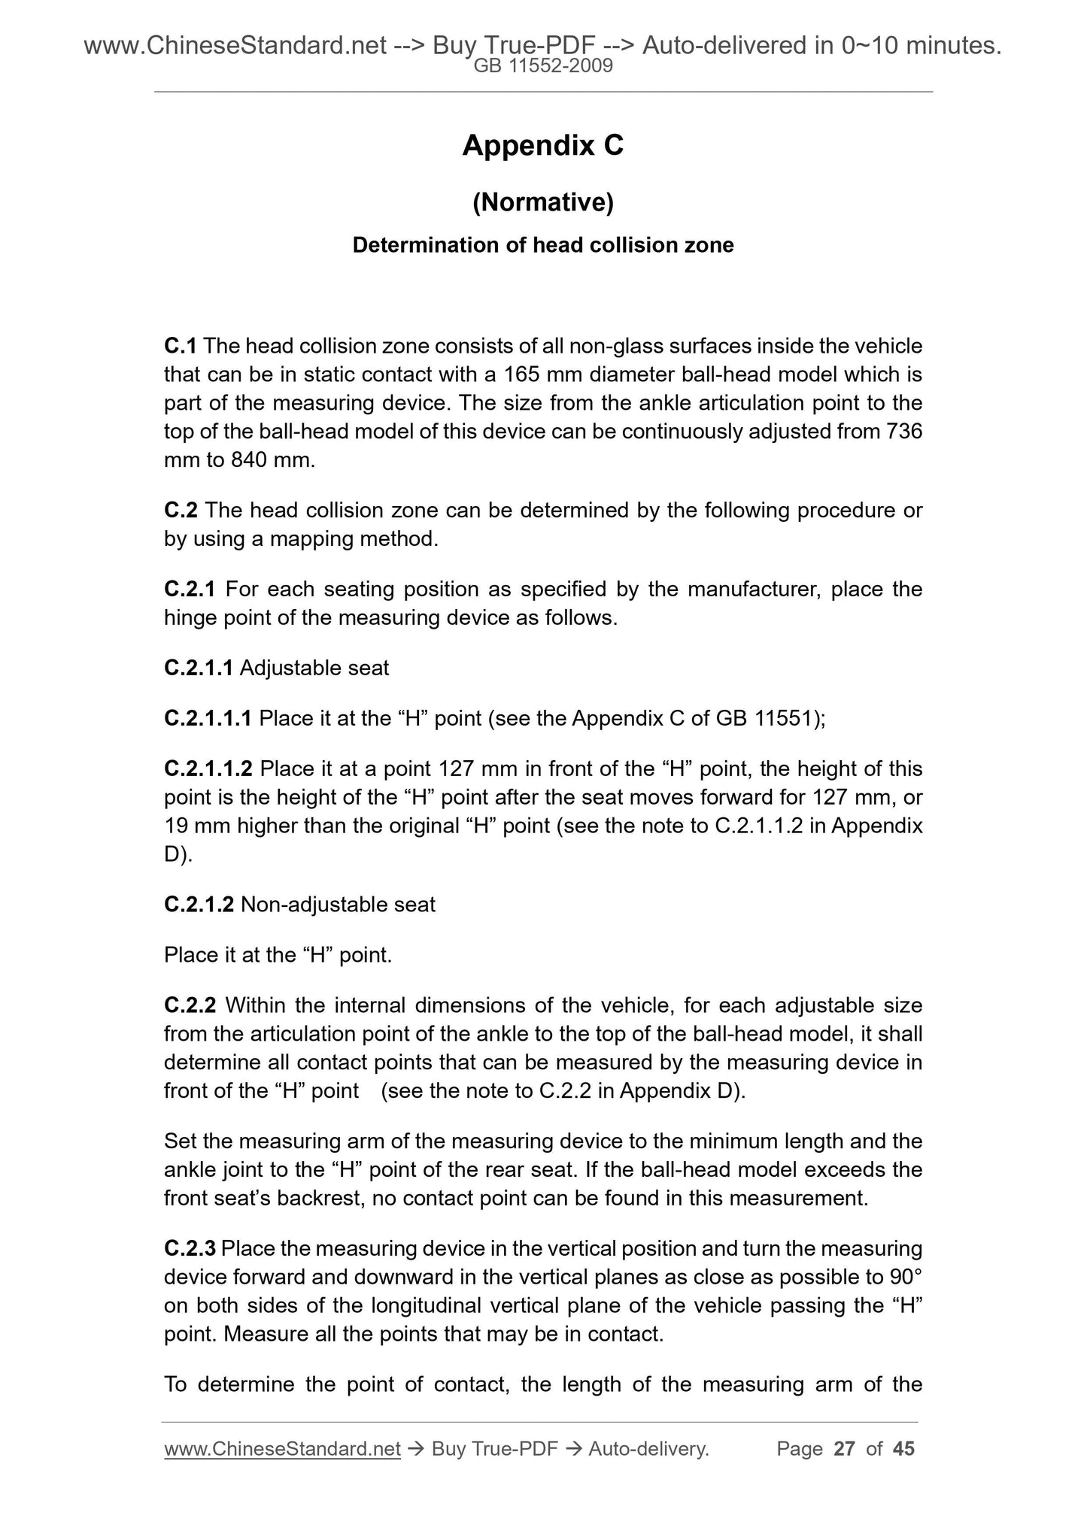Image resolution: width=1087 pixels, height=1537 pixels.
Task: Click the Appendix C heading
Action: click(542, 145)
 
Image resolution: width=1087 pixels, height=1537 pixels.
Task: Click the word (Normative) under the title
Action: click(542, 202)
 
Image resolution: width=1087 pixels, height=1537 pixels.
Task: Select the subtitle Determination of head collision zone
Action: click(542, 245)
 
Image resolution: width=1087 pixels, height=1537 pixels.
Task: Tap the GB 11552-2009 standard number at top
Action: click(542, 66)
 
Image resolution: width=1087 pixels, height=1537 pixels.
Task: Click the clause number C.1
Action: click(181, 346)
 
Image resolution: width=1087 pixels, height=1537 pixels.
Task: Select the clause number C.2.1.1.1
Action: click(208, 718)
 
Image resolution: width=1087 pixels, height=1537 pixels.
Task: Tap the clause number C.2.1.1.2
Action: click(208, 769)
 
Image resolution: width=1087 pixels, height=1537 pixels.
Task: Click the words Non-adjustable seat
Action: click(338, 904)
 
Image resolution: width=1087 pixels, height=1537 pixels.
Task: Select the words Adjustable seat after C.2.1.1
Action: click(314, 668)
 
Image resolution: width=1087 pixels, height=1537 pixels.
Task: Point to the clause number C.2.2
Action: click(190, 1005)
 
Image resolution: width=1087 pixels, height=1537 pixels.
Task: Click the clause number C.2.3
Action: click(190, 1249)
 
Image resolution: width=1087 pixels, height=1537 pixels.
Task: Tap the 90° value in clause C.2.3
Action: click(905, 1278)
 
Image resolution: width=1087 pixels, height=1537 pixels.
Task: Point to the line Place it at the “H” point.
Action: click(278, 955)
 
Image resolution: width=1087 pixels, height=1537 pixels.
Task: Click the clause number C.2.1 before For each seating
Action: click(190, 589)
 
